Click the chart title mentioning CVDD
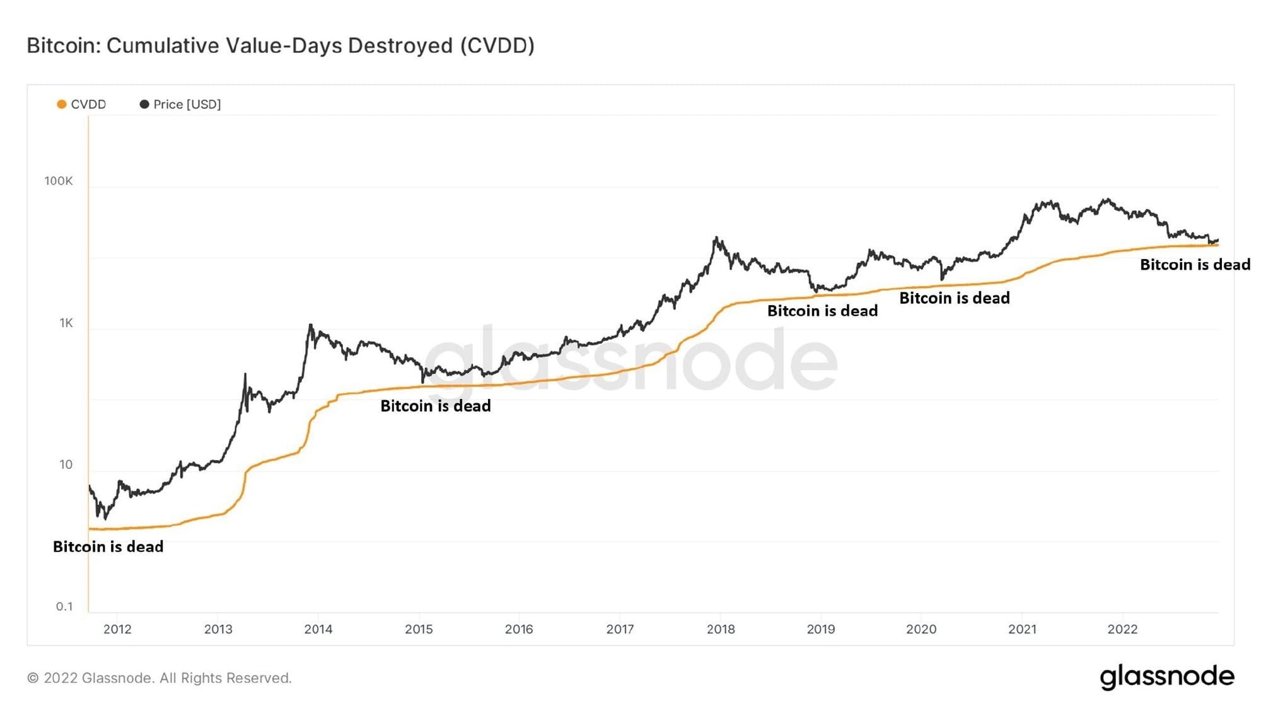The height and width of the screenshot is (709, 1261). pyautogui.click(x=281, y=45)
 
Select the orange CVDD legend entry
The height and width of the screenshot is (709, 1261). pyautogui.click(x=82, y=104)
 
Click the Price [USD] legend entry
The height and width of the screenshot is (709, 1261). pyautogui.click(x=181, y=104)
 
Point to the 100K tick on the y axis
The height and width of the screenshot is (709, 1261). pyautogui.click(x=59, y=181)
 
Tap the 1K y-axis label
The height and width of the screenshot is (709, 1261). pyautogui.click(x=66, y=323)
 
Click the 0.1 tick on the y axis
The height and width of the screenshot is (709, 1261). pyautogui.click(x=64, y=606)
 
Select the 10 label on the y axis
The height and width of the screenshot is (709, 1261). pyautogui.click(x=66, y=464)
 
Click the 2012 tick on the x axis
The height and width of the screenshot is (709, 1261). pyautogui.click(x=117, y=629)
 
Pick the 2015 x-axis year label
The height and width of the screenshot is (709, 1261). pyautogui.click(x=419, y=629)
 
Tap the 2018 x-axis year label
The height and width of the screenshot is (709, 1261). pyautogui.click(x=721, y=629)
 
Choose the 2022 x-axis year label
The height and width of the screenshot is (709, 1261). pyautogui.click(x=1122, y=629)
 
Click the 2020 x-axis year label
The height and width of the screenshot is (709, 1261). pyautogui.click(x=921, y=629)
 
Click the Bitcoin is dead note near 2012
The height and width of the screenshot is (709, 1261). pyautogui.click(x=108, y=546)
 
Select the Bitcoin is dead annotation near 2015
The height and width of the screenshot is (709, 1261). pyautogui.click(x=436, y=406)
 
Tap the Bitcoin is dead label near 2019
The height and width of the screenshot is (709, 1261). pyautogui.click(x=822, y=311)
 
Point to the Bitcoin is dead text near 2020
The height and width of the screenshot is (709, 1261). pyautogui.click(x=954, y=298)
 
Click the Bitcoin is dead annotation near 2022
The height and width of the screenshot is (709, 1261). pyautogui.click(x=1195, y=265)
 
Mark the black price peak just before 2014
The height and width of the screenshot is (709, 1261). pyautogui.click(x=310, y=326)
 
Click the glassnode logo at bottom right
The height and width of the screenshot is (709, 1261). pyautogui.click(x=1167, y=677)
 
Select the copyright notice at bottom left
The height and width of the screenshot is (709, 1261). pyautogui.click(x=160, y=678)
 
